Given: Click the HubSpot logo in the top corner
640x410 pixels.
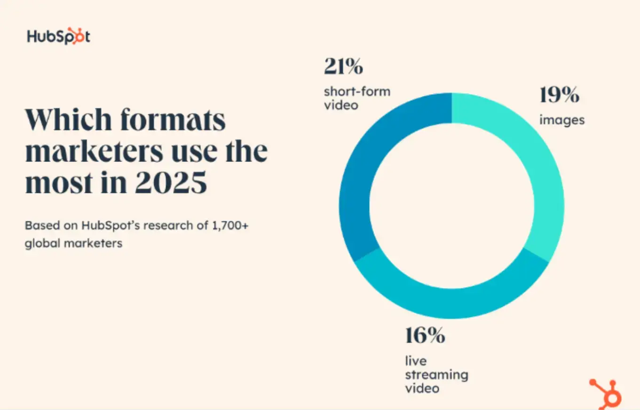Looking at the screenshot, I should click(x=58, y=36).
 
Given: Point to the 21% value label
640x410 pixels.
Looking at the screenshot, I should click(x=343, y=67).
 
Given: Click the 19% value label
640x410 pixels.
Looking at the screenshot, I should click(x=559, y=96).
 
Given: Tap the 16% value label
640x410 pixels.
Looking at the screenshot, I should click(x=425, y=336).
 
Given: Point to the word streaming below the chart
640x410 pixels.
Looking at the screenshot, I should click(x=436, y=375).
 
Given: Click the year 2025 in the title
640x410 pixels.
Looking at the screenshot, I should click(x=171, y=184).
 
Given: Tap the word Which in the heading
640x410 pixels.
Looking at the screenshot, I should click(x=67, y=120).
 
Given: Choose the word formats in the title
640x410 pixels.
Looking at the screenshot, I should click(x=173, y=120).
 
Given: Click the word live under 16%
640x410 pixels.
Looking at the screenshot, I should click(x=416, y=361).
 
